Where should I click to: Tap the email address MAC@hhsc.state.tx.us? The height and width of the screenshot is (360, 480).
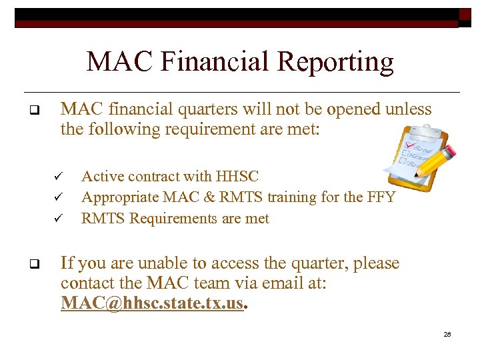pyautogui.click(x=153, y=303)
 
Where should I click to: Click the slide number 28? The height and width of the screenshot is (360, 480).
pyautogui.click(x=447, y=333)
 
